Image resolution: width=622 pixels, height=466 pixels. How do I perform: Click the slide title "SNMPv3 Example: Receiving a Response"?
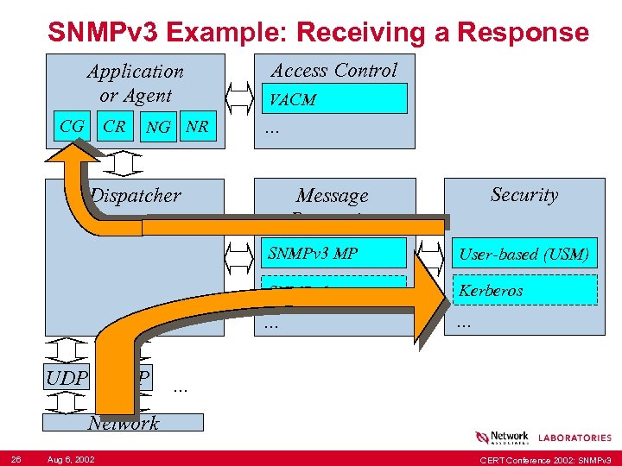[318, 32]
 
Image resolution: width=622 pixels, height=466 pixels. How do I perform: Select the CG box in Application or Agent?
[72, 127]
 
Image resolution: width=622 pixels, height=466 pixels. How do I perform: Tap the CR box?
[114, 127]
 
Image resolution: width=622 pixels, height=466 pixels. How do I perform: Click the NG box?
[158, 128]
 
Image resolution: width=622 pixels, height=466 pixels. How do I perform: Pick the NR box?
[197, 128]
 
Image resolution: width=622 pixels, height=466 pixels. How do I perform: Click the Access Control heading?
[333, 71]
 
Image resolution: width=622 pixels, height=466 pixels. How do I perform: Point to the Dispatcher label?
[136, 196]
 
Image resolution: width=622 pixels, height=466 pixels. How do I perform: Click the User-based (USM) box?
[524, 254]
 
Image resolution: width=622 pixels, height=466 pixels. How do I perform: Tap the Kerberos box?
[524, 290]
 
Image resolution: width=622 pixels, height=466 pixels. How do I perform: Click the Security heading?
[524, 195]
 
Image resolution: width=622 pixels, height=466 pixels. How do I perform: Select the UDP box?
[67, 378]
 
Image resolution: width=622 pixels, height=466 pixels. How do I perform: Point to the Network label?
[124, 423]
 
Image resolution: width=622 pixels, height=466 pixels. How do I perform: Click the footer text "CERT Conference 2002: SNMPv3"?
[545, 458]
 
